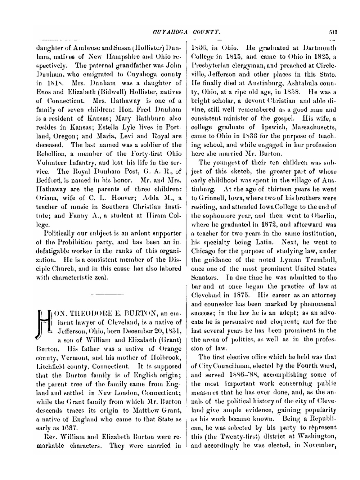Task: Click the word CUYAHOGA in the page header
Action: pyautogui.click(x=167, y=32)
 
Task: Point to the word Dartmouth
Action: pyautogui.click(x=319, y=47)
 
